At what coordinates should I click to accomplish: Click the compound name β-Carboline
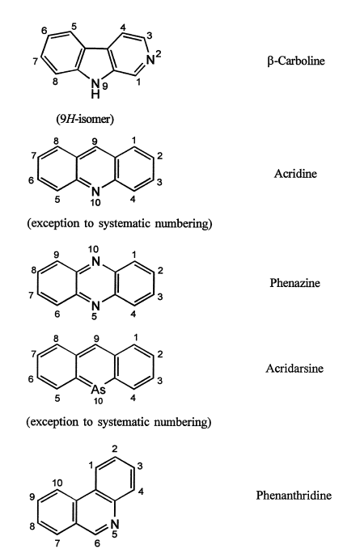click(295, 61)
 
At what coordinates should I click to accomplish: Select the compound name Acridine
click(295, 174)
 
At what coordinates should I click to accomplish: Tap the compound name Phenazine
click(294, 283)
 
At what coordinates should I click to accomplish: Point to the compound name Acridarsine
click(294, 369)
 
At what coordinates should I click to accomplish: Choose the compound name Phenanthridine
click(294, 495)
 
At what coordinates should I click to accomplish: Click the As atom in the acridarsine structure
click(98, 390)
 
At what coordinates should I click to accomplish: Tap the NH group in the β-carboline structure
click(95, 89)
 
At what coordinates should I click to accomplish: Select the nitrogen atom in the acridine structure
click(95, 192)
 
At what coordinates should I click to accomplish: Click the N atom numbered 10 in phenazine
click(95, 262)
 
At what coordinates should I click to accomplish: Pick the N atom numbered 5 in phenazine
click(95, 306)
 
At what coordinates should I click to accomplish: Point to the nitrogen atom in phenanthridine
click(115, 525)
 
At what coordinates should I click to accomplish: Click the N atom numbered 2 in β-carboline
click(150, 61)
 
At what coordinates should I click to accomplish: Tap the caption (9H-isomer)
click(85, 119)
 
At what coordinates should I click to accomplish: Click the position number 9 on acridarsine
click(95, 339)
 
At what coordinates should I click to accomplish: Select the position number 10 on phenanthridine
click(58, 483)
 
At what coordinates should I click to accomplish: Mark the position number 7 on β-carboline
click(35, 61)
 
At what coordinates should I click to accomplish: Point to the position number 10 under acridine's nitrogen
click(95, 202)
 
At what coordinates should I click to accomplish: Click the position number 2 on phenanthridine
click(114, 449)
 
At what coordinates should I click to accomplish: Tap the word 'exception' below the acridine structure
click(53, 224)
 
